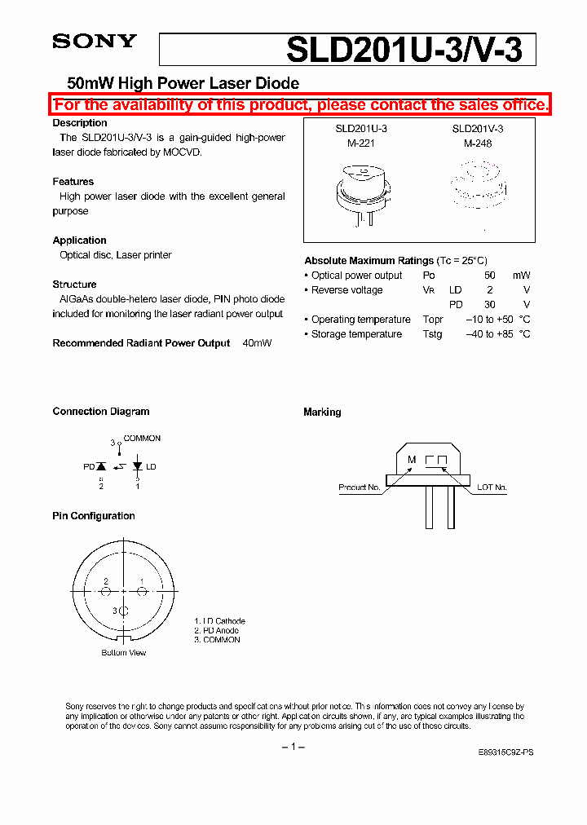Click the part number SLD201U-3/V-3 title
pyautogui.click(x=410, y=51)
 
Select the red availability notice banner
pyautogui.click(x=301, y=104)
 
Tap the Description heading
pyautogui.click(x=80, y=123)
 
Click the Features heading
pyautogui.click(x=73, y=182)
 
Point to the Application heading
pyautogui.click(x=80, y=240)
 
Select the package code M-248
pyautogui.click(x=478, y=143)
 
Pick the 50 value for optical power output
pyautogui.click(x=490, y=276)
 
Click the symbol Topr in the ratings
pyautogui.click(x=433, y=320)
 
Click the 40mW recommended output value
pyautogui.click(x=257, y=343)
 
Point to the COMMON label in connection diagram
pyautogui.click(x=142, y=439)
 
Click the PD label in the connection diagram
pyautogui.click(x=89, y=467)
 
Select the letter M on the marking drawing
pyautogui.click(x=412, y=460)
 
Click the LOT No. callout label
pyautogui.click(x=492, y=487)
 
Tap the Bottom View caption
pyautogui.click(x=124, y=653)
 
